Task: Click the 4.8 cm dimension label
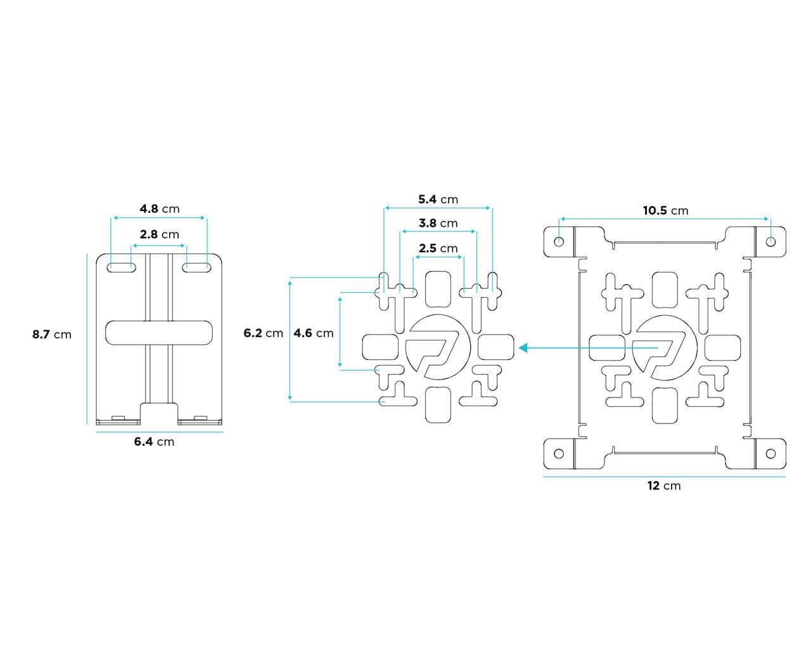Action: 159,209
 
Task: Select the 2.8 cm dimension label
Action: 159,234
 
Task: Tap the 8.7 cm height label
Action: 52,334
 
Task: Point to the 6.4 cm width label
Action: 154,442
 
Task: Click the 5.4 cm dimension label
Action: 438,199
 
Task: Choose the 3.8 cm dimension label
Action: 438,223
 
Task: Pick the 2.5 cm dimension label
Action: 438,248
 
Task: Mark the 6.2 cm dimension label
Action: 263,333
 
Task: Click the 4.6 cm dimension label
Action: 314,333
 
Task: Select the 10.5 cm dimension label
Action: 665,210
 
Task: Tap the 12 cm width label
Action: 664,486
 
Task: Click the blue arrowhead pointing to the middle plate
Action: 524,347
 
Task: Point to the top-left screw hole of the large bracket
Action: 559,241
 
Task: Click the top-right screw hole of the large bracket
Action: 770,241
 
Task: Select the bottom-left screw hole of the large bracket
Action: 559,453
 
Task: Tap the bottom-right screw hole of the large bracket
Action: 770,453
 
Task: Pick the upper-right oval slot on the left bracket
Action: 196,267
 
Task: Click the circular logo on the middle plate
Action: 437,347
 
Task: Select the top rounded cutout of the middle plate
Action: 437,288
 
